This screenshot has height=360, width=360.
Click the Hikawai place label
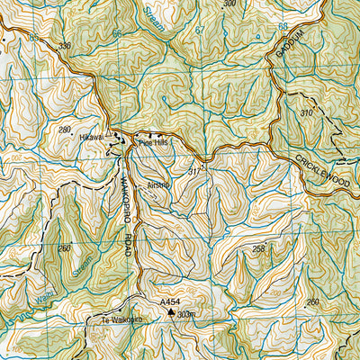click(x=91, y=137)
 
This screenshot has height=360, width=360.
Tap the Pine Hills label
click(x=152, y=142)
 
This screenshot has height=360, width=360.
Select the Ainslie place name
click(x=158, y=185)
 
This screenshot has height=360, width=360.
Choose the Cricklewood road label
click(x=325, y=173)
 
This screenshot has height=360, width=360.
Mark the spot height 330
click(x=64, y=44)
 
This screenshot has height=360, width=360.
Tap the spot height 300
click(x=229, y=4)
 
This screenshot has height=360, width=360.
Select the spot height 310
click(x=307, y=113)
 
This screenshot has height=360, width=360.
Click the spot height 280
click(x=64, y=130)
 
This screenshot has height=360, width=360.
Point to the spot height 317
click(x=193, y=170)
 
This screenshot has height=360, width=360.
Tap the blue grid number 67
click(x=200, y=30)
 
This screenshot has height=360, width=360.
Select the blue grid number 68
click(x=283, y=27)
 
